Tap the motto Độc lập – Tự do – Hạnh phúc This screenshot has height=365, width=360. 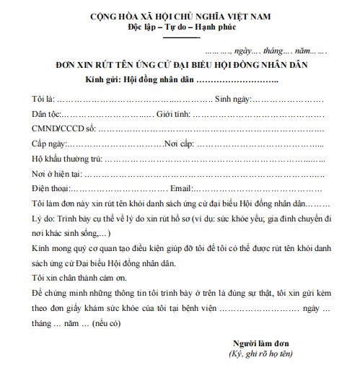(x=181, y=28)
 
